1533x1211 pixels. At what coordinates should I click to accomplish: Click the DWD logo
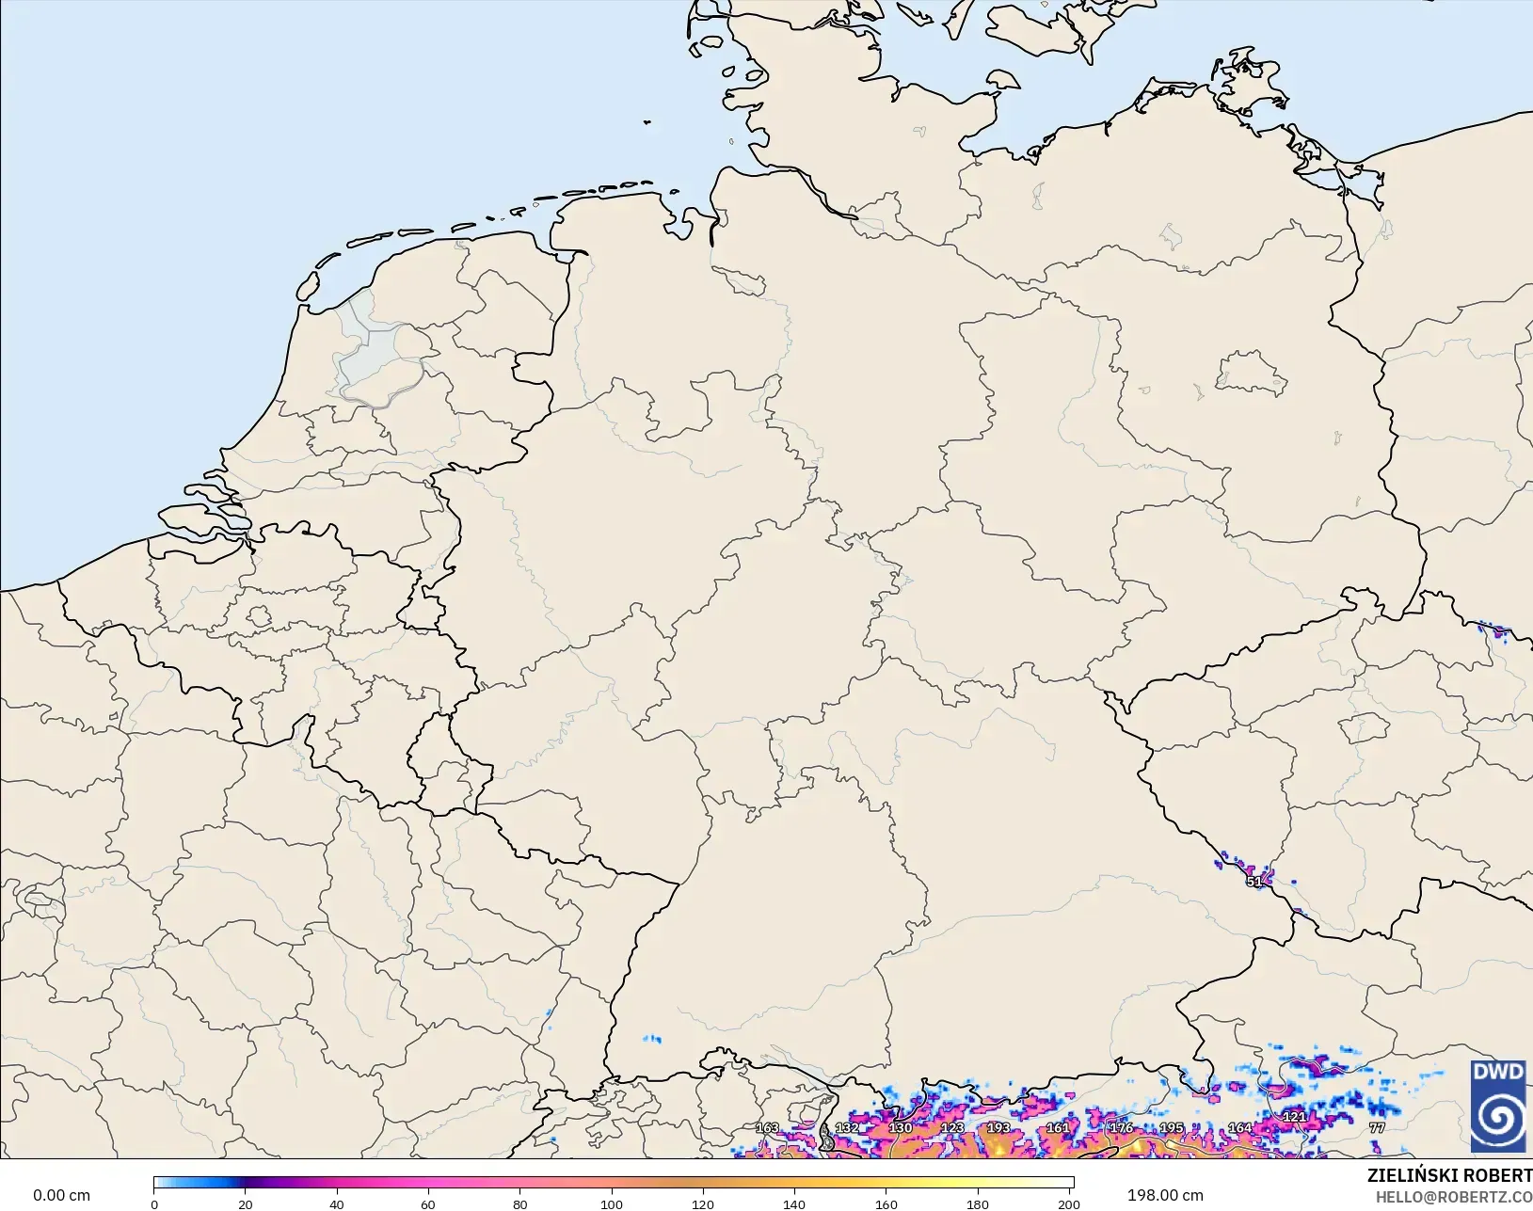1498,1106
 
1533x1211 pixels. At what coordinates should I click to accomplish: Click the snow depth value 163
767,1127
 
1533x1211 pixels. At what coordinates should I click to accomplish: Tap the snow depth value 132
847,1127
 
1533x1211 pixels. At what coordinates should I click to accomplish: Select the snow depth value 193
998,1127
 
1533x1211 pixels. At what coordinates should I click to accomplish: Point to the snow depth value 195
1172,1127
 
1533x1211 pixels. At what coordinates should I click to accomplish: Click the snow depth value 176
1121,1127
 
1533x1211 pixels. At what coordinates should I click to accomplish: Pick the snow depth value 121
1295,1117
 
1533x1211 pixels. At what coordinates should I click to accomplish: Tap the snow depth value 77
1377,1127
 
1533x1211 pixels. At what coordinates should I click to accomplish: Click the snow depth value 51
1254,882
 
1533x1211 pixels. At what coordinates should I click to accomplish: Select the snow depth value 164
1240,1127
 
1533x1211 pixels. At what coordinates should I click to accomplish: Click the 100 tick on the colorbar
612,1203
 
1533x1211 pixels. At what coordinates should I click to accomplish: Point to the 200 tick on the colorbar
1069,1203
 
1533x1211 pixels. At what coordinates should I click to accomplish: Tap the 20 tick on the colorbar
246,1203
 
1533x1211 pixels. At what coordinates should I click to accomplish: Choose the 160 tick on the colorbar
886,1203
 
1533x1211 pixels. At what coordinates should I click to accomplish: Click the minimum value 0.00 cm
62,1195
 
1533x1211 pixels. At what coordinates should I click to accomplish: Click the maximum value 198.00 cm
1165,1195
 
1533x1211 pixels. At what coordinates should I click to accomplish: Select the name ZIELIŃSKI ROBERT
1449,1175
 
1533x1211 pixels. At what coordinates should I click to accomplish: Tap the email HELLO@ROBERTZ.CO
1454,1197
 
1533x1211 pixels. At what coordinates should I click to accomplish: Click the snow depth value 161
1058,1127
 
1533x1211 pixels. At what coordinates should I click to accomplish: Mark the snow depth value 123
952,1127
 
